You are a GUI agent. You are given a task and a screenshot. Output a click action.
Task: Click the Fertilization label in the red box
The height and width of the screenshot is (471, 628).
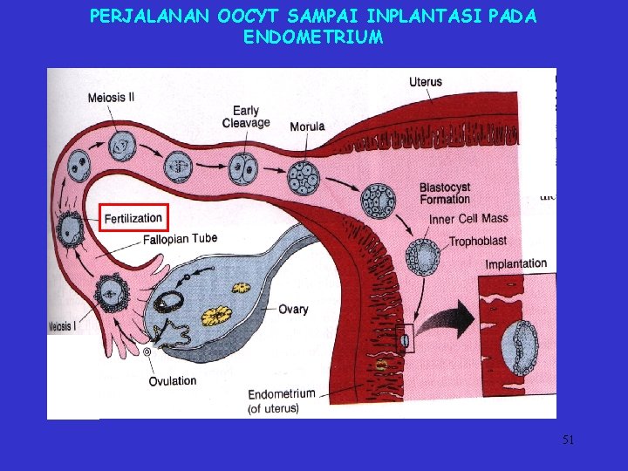click(x=133, y=217)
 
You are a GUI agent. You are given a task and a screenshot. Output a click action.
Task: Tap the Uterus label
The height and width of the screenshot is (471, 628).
click(x=425, y=82)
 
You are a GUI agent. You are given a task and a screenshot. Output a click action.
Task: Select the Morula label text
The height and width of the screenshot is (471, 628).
click(x=307, y=126)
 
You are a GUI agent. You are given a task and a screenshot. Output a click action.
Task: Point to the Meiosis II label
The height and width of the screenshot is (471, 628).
click(x=111, y=98)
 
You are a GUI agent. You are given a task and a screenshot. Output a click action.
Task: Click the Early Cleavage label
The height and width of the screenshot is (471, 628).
click(x=246, y=117)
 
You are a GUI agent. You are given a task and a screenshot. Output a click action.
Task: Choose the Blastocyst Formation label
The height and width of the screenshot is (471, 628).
click(x=445, y=194)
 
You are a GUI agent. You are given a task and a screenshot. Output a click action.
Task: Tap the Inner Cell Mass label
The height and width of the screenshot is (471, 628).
click(x=468, y=218)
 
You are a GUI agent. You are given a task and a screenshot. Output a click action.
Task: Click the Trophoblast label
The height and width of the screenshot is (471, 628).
click(x=478, y=241)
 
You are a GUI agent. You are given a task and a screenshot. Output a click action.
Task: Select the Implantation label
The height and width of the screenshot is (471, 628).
click(x=516, y=264)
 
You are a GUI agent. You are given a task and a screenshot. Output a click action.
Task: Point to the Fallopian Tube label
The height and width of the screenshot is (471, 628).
click(x=181, y=238)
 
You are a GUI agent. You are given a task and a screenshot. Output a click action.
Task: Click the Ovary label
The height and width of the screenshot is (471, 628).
click(x=293, y=310)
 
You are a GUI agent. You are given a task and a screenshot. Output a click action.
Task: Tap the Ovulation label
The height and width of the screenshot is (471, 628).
click(x=173, y=380)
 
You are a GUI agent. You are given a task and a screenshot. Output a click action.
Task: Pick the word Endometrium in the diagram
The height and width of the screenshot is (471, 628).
click(x=282, y=394)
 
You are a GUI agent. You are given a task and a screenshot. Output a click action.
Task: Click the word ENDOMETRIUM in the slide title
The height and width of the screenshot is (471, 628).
click(x=313, y=38)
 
